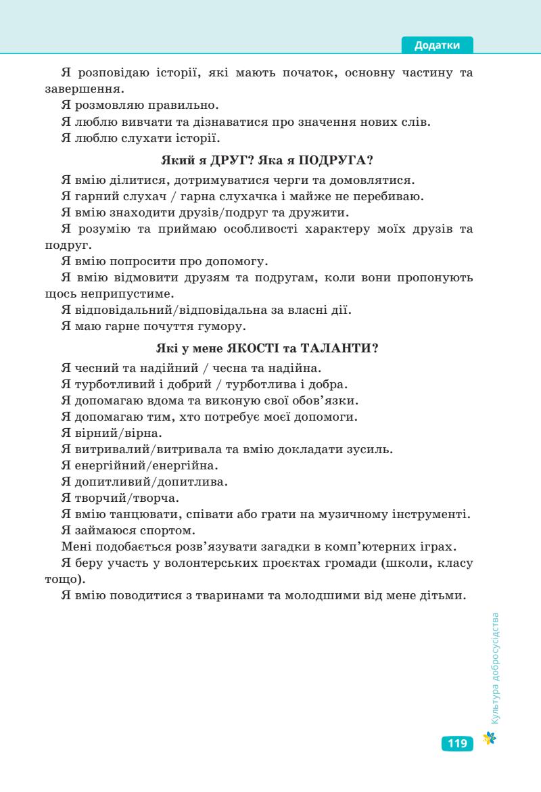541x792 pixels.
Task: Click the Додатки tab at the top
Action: coord(437,45)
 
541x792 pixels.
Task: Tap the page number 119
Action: coord(457,744)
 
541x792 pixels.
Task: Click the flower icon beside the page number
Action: coord(489,739)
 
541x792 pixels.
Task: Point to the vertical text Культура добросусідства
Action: coord(496,668)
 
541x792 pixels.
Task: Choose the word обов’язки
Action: coord(325,400)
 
